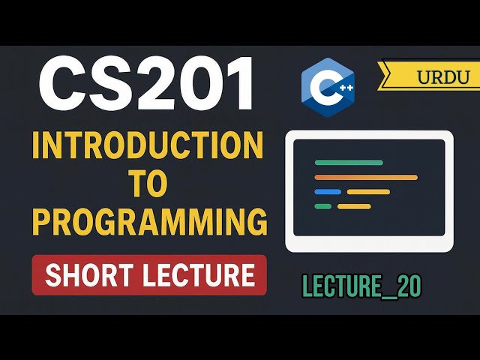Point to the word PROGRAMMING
150,222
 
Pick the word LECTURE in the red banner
203,275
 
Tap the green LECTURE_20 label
361,286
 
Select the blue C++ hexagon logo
327,88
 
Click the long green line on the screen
349,162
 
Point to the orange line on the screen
365,177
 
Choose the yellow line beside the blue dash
368,192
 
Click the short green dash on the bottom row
323,206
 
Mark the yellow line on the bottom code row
354,206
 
